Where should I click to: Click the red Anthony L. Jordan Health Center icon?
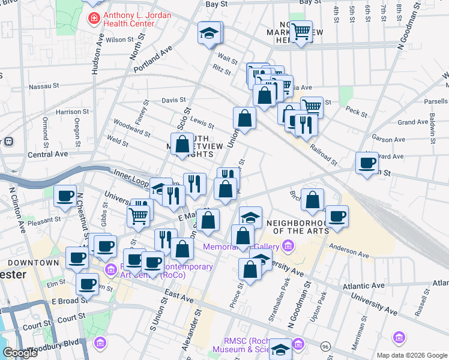[x=94, y=19]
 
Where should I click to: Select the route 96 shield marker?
[x=325, y=346]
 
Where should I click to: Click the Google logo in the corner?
[x=20, y=353]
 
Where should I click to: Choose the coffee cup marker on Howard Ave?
[x=367, y=162]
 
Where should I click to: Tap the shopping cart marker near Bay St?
[x=301, y=31]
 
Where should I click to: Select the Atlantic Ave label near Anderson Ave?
[x=364, y=287]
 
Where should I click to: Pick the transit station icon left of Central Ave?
[x=9, y=142]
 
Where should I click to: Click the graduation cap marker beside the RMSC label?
[x=280, y=348]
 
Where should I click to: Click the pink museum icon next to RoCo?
[x=110, y=269]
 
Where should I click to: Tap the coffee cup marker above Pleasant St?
[x=65, y=195]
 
